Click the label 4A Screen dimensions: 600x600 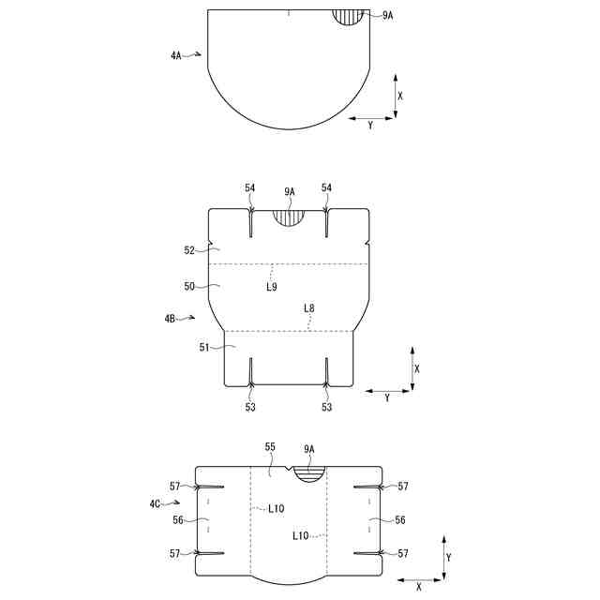click(x=176, y=56)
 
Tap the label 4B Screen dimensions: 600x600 click(x=170, y=319)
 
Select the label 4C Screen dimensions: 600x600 click(x=155, y=504)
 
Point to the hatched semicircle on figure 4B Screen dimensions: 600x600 click(x=290, y=217)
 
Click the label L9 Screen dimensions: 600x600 click(x=270, y=287)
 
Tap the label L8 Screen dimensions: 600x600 click(x=309, y=307)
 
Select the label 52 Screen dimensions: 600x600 click(x=189, y=250)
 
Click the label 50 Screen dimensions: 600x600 click(x=189, y=287)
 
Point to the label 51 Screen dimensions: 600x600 click(x=203, y=347)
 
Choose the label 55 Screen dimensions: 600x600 click(x=270, y=448)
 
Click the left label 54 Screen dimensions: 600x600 click(x=250, y=187)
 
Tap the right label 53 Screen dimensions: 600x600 click(x=326, y=408)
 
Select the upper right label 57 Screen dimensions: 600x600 click(x=403, y=487)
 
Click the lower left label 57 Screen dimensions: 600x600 click(x=175, y=554)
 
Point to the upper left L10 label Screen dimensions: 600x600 click(x=277, y=509)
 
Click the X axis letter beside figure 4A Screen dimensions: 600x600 click(x=400, y=96)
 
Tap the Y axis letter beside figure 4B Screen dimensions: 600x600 click(x=387, y=397)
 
